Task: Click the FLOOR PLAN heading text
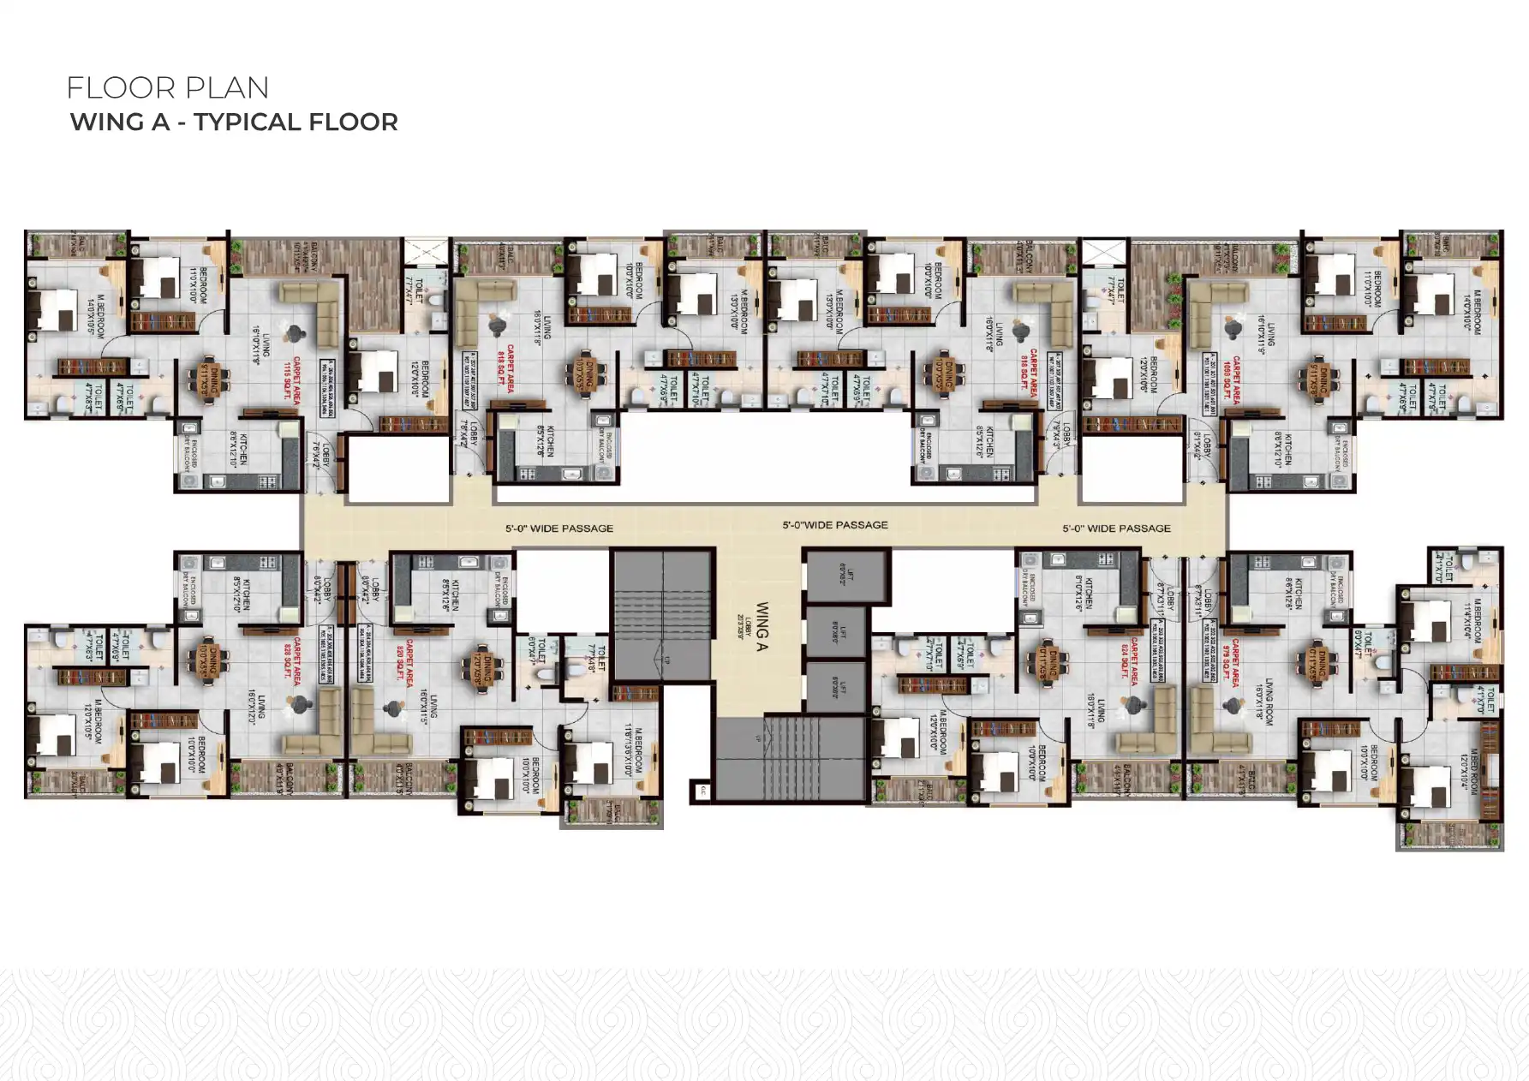pyautogui.click(x=168, y=88)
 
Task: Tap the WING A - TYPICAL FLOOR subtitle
pyautogui.click(x=234, y=122)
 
